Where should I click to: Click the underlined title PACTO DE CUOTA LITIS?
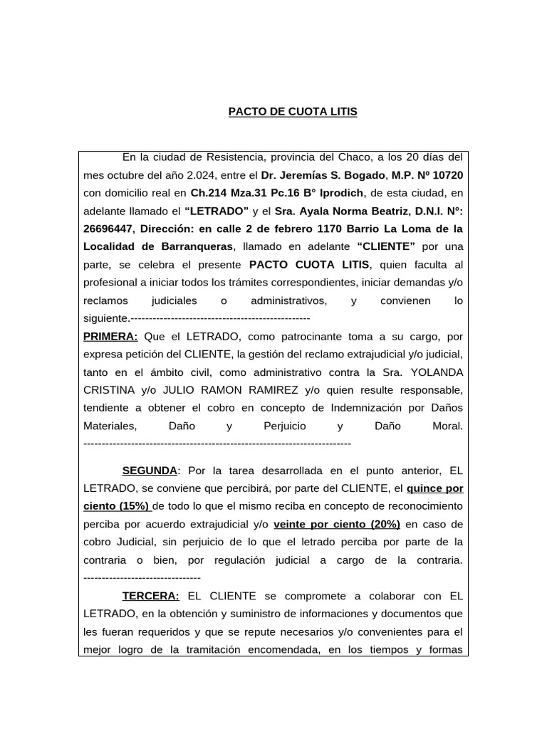(292, 112)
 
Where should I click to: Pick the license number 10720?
(447, 175)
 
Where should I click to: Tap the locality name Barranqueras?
(191, 247)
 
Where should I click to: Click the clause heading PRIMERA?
(110, 337)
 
